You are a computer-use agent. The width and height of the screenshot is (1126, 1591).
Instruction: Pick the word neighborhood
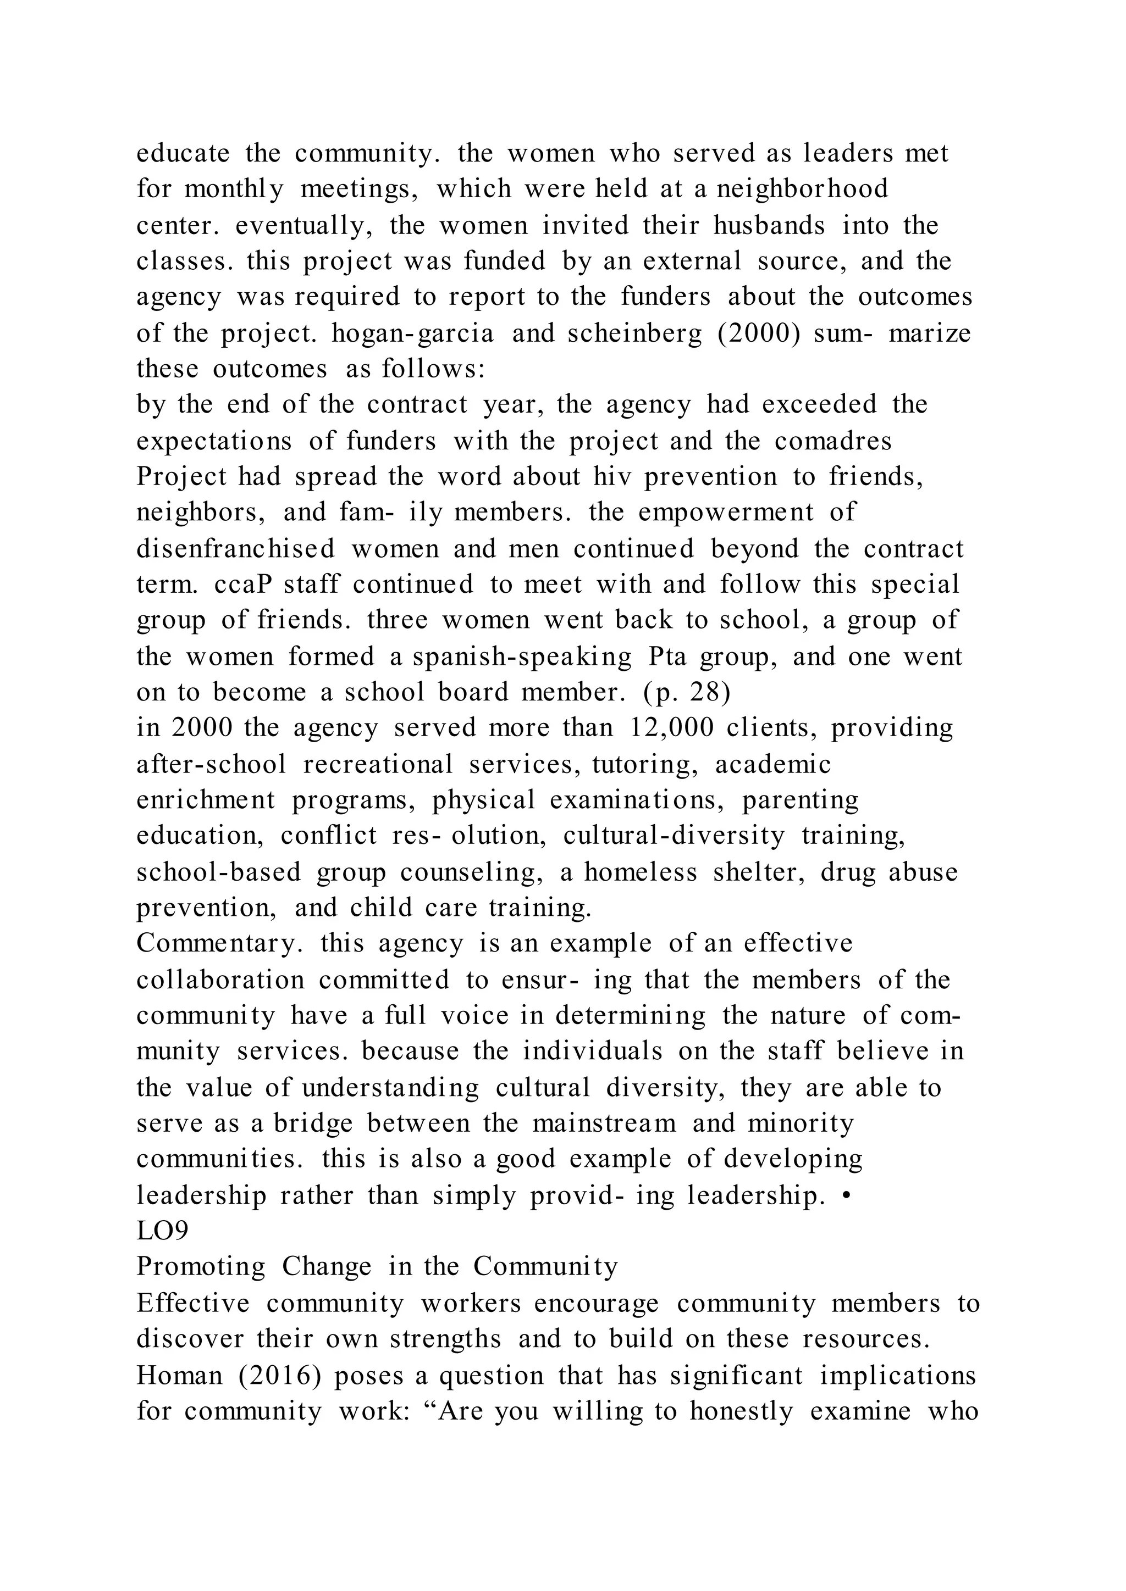click(x=802, y=188)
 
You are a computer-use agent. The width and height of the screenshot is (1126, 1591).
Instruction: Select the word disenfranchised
click(x=236, y=548)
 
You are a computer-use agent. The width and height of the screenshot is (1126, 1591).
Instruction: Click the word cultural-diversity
click(x=674, y=836)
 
